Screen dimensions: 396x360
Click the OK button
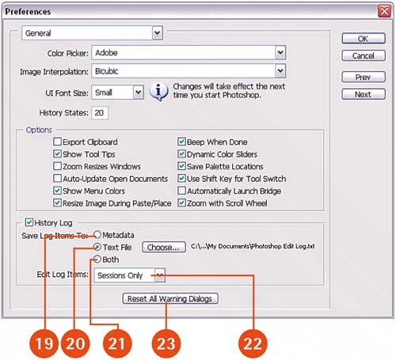pos(364,39)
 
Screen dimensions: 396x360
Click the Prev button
pos(364,77)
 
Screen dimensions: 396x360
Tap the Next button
pos(364,94)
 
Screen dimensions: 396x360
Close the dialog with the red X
pos(384,11)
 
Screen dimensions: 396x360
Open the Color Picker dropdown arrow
pos(280,52)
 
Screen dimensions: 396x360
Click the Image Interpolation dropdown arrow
pos(280,70)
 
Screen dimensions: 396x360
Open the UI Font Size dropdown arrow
pos(138,93)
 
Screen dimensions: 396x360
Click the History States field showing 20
pos(100,113)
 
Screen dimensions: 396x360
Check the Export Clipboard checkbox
pos(57,142)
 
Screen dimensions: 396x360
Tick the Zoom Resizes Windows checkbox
pos(57,166)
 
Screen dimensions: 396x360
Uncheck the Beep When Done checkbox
pos(181,142)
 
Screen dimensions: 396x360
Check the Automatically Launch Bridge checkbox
pos(181,191)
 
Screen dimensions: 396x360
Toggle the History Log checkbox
pos(29,222)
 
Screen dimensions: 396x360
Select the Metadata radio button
pos(97,235)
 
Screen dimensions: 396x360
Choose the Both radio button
pos(97,260)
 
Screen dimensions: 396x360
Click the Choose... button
pos(164,247)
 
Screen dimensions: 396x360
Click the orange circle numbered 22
pos(253,343)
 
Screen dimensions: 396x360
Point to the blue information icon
pos(158,92)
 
